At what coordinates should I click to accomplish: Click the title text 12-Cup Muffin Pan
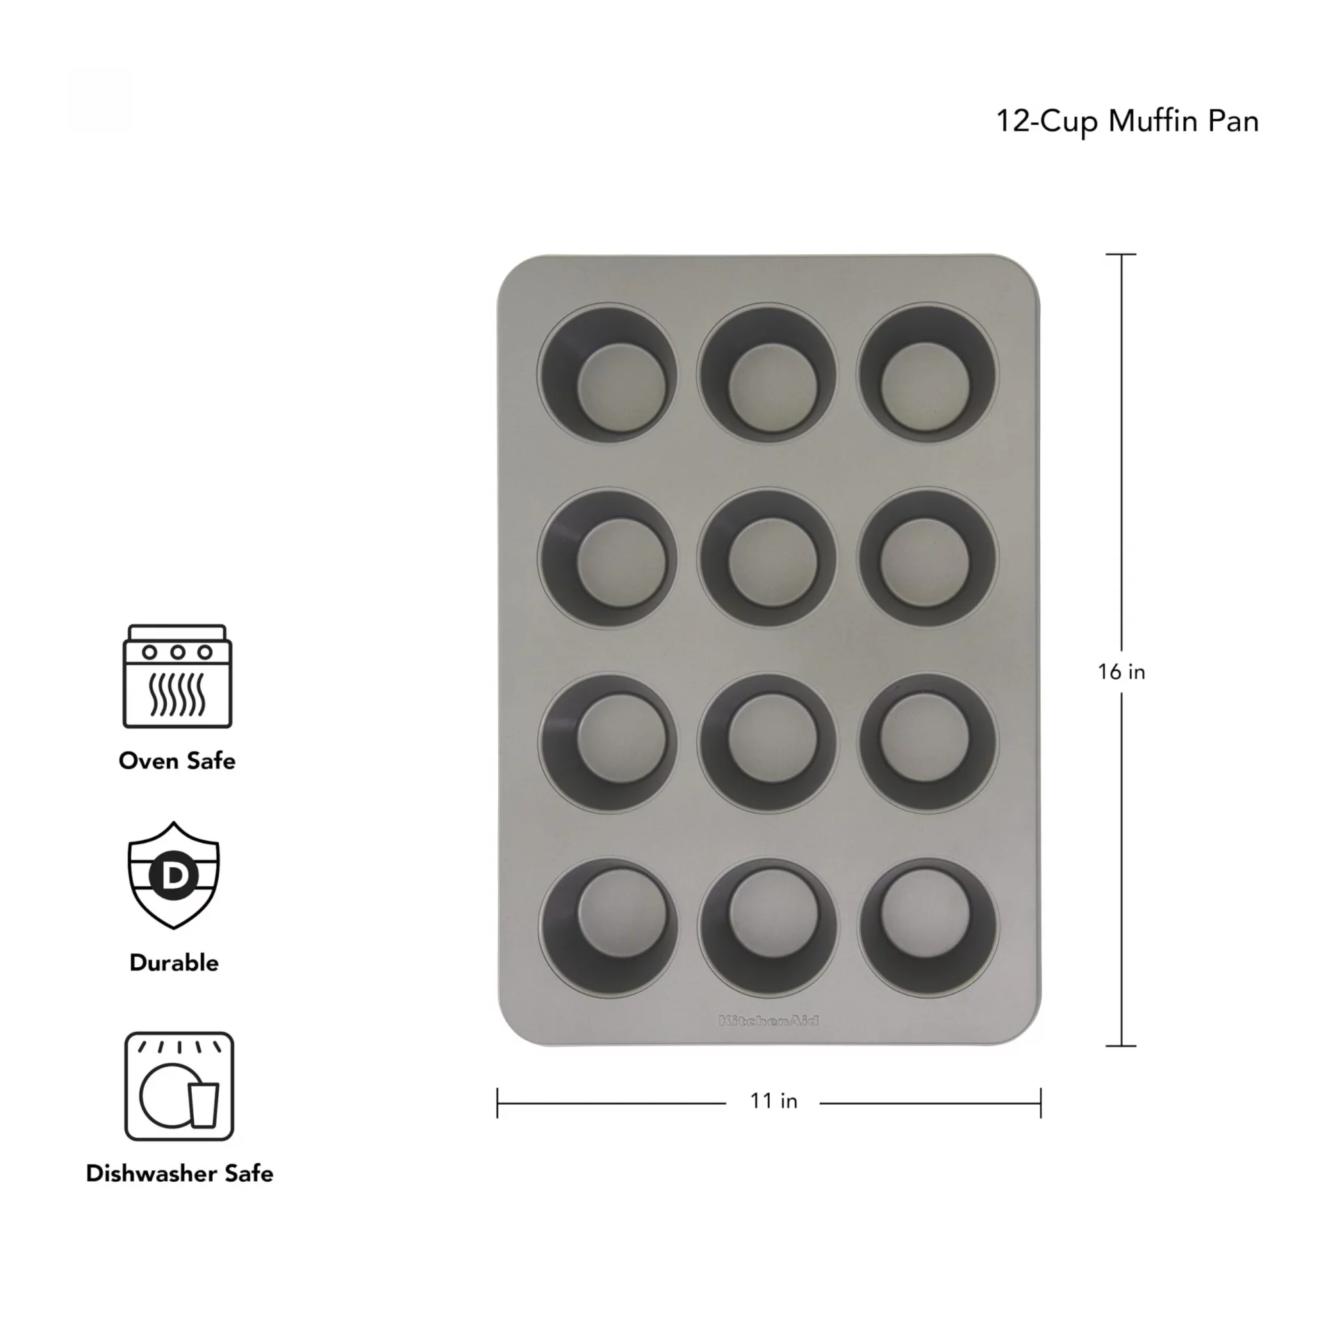point(1127,122)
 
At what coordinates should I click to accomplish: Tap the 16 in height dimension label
point(1121,672)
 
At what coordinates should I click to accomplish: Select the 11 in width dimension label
point(773,1101)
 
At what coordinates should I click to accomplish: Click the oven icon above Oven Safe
point(177,676)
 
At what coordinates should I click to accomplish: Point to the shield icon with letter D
point(174,875)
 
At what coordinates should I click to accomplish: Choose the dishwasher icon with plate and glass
point(179,1087)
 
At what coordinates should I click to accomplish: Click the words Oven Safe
point(177,761)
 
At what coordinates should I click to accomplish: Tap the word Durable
point(174,963)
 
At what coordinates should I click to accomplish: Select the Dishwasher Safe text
point(179,1174)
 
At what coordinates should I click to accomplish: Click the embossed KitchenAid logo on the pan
point(768,1021)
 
